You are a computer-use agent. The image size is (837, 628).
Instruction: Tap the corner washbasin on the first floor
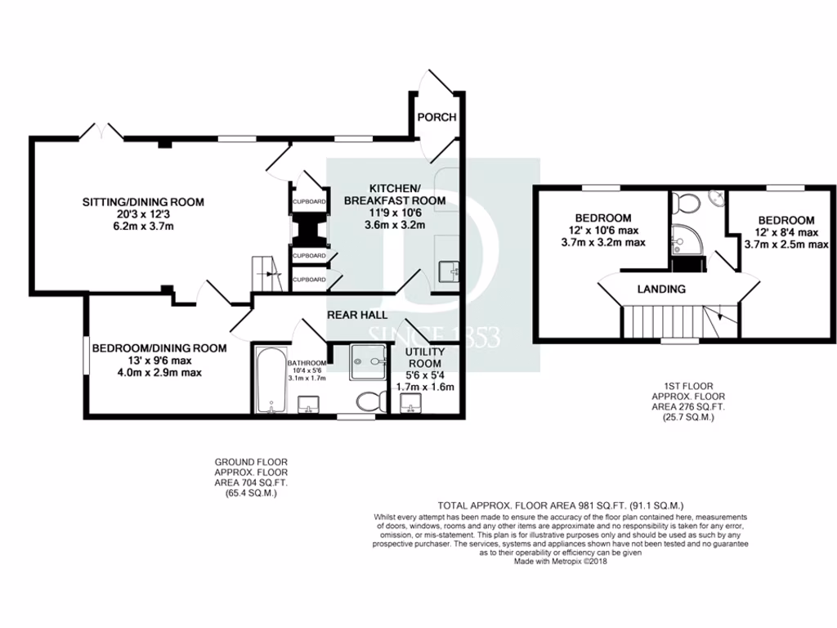pyautogui.click(x=717, y=197)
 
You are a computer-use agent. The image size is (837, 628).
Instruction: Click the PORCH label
pyautogui.click(x=436, y=117)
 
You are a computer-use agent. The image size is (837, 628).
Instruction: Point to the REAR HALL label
pyautogui.click(x=357, y=315)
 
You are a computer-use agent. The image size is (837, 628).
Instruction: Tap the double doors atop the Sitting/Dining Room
pyautogui.click(x=101, y=131)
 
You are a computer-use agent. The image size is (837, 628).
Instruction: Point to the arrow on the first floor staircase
pyautogui.click(x=719, y=316)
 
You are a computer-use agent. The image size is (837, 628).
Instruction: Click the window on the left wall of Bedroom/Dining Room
pyautogui.click(x=85, y=356)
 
